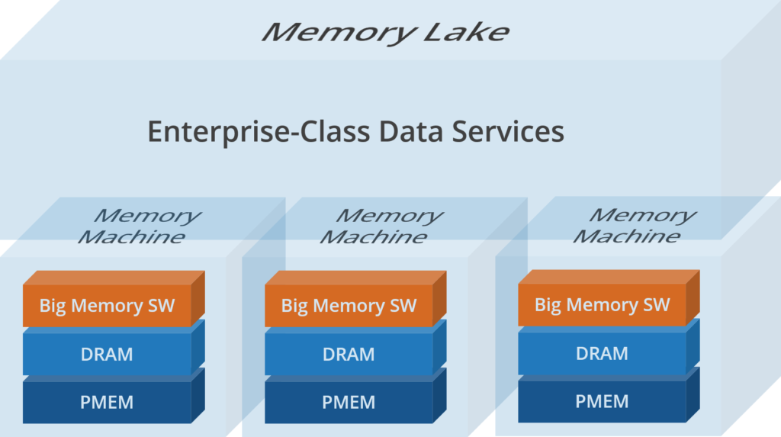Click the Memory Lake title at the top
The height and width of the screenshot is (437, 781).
385,32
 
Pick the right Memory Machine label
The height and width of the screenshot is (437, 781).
634,226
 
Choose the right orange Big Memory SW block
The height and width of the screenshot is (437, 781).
602,306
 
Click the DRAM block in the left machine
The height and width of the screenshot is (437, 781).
107,355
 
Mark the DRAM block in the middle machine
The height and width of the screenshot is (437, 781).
349,355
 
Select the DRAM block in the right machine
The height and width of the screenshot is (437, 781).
602,354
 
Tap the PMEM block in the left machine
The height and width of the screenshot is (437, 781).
107,402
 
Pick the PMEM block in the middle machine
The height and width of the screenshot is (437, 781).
349,402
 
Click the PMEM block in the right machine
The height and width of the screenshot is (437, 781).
602,401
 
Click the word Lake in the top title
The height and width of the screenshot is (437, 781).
474,32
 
